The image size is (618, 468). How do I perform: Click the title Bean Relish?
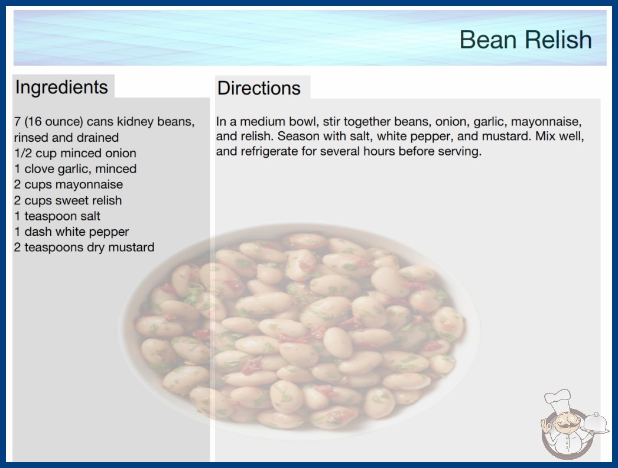525,40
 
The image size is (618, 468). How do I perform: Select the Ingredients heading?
61,87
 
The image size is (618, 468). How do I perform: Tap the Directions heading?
259,88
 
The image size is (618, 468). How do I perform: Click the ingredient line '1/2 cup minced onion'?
75,153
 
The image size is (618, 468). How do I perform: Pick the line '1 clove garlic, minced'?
75,169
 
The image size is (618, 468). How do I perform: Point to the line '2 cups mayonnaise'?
69,184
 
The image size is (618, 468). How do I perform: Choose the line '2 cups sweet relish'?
68,200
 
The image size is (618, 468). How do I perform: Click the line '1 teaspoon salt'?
57,216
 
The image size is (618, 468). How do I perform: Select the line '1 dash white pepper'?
71,232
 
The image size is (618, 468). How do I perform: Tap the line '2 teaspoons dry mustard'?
84,247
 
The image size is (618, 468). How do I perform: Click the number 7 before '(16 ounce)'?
17,122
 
